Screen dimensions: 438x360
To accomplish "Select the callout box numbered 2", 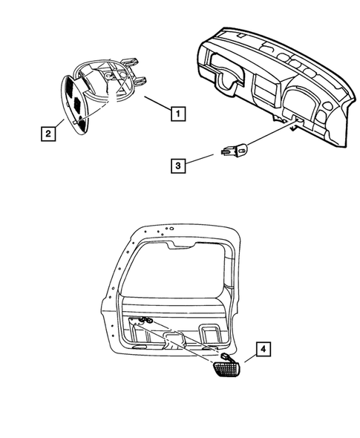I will [47, 134].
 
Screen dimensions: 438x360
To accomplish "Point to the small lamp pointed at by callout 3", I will [237, 151].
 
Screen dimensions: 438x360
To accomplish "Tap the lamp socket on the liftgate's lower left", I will [143, 321].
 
